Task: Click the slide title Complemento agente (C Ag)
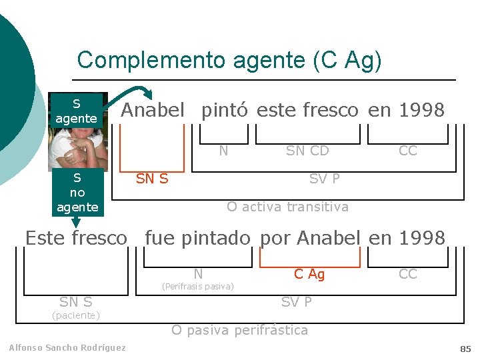pos(229,60)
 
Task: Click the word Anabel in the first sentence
pos(152,110)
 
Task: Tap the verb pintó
pos(226,110)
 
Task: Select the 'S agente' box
pos(76,111)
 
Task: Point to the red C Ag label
pos(309,274)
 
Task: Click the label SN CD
pos(307,151)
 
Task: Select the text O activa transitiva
pos(287,207)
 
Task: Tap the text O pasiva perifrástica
pos(239,330)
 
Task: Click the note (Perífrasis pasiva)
pos(198,287)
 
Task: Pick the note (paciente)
pos(76,315)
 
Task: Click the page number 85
pos(465,349)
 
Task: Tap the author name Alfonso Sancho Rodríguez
pos(67,347)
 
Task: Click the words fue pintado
pos(197,237)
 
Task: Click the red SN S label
pos(152,178)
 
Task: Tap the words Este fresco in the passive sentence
pos(75,237)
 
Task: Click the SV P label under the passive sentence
pos(296,302)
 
